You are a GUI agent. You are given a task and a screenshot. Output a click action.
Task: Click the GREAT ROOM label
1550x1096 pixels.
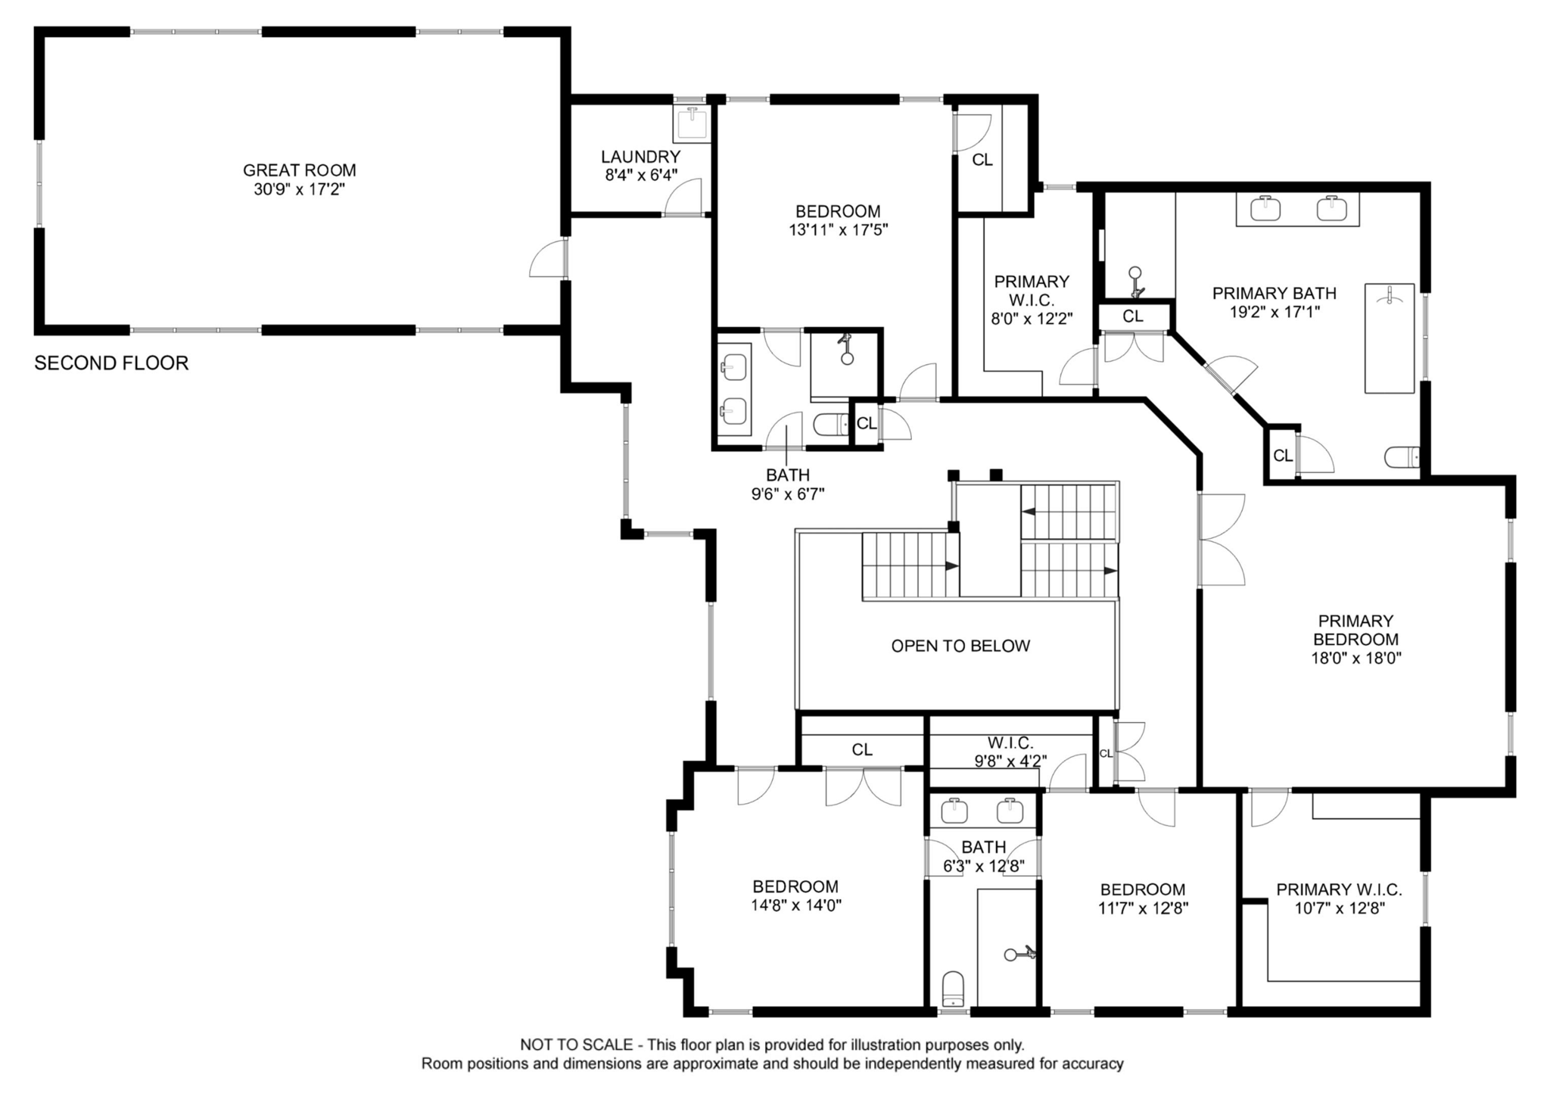coord(299,171)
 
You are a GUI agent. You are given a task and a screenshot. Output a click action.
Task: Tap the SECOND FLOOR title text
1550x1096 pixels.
coord(111,363)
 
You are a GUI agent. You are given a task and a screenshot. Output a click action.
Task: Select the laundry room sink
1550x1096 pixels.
coord(693,123)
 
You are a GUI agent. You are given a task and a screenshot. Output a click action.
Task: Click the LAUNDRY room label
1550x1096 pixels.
coord(640,157)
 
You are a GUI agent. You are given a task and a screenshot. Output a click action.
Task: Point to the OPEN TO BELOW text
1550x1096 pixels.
coord(960,646)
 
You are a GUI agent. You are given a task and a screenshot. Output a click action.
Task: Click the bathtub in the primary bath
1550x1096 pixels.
coord(1390,338)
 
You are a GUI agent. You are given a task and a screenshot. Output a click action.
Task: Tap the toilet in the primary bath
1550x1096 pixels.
coord(1402,457)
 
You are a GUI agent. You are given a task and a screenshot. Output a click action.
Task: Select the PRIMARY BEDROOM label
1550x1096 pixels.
coord(1355,631)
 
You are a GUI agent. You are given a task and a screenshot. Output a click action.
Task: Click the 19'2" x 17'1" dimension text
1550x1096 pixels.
coord(1275,312)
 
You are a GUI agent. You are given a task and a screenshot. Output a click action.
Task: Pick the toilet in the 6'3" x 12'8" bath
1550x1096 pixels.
coord(954,990)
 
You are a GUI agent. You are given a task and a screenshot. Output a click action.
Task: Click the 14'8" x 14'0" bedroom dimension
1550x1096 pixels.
coord(796,905)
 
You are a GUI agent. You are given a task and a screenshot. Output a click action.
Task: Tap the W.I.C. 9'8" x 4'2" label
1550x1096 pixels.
coord(1010,752)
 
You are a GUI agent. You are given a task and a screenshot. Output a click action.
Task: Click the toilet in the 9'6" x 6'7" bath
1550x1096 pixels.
coord(832,425)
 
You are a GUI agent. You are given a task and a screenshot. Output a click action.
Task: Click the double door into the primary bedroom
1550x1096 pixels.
coord(1221,539)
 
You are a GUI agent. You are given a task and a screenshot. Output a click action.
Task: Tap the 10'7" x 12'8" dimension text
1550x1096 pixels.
coord(1340,908)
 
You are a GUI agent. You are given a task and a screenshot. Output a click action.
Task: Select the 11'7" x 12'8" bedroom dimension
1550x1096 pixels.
coord(1143,908)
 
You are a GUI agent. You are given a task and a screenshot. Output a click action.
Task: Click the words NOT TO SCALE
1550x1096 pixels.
coord(577,1045)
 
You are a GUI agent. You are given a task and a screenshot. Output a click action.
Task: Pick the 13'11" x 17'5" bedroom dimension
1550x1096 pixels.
coord(838,230)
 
